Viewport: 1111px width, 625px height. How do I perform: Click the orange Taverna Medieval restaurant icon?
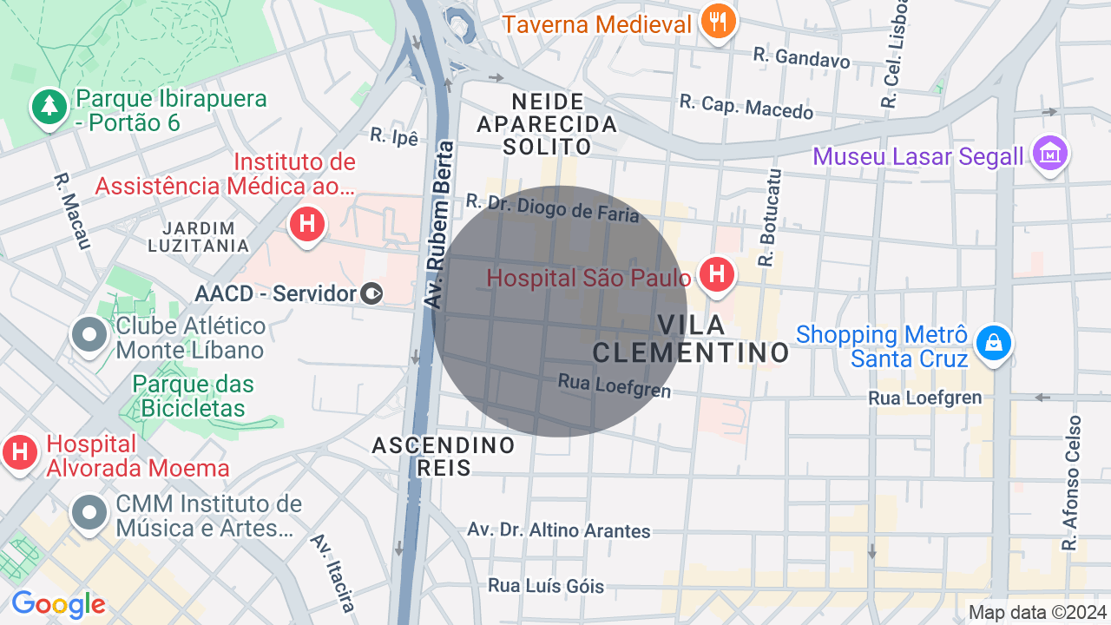[717, 22]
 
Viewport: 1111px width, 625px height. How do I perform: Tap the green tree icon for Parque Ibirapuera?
[49, 109]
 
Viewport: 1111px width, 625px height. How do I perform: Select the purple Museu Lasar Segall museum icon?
[1050, 155]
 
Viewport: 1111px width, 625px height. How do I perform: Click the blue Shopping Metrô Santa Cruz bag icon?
[994, 344]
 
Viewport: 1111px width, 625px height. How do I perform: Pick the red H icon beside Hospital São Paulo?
[717, 276]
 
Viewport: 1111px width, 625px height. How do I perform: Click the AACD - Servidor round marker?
[371, 294]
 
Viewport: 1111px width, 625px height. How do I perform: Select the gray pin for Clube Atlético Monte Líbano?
[89, 337]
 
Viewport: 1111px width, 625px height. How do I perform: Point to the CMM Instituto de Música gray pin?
[89, 514]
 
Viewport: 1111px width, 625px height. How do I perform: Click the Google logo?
[58, 604]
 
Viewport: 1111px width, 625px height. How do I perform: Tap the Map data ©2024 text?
[1037, 613]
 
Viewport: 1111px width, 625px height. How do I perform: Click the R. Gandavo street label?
[802, 57]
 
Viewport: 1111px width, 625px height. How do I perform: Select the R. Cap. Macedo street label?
[746, 106]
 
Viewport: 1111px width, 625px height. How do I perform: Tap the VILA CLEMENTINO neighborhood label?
[691, 339]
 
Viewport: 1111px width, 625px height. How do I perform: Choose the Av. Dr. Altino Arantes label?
[559, 530]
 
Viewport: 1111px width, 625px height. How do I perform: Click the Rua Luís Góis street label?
[545, 586]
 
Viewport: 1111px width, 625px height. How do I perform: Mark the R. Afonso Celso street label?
[1072, 483]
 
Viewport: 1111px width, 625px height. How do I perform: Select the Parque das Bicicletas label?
[194, 395]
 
